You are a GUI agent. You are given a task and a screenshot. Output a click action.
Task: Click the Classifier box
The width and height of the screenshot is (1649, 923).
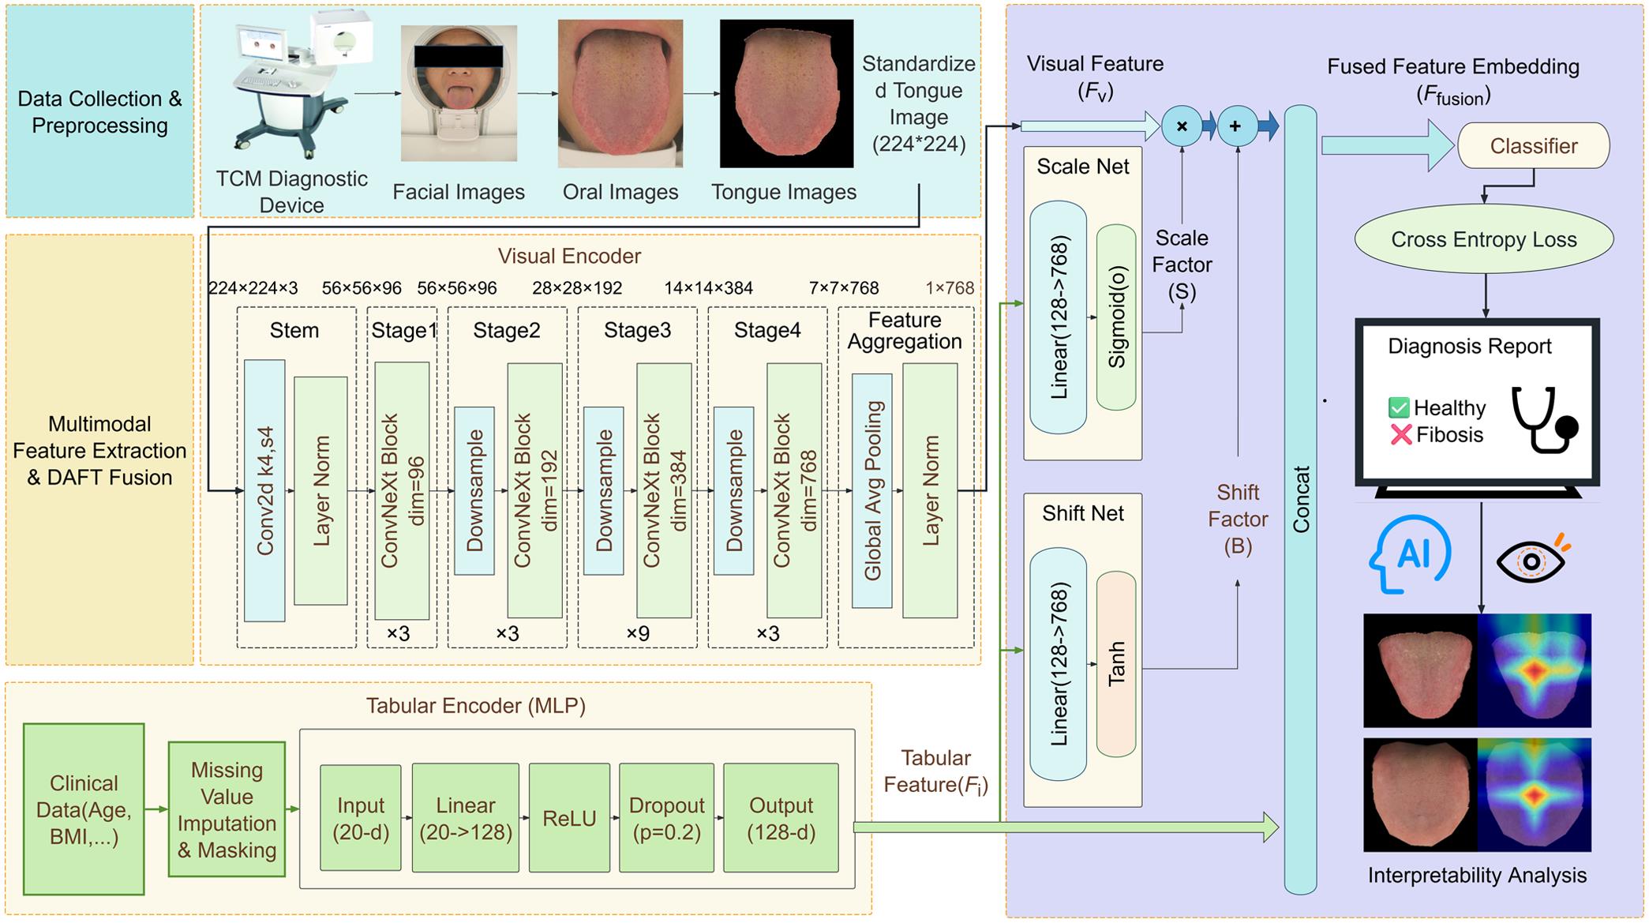1532,146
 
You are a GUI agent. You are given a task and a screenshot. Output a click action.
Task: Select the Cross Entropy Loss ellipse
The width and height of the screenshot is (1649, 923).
1483,239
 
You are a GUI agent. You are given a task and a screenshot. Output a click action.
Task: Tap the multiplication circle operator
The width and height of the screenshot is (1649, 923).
1182,126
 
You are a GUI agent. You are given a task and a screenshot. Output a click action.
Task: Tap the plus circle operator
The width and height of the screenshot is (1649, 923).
1236,126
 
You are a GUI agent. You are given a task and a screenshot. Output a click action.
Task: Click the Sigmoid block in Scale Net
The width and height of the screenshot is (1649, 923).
1116,317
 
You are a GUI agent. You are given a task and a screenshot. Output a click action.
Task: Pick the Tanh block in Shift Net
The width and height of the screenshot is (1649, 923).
1115,664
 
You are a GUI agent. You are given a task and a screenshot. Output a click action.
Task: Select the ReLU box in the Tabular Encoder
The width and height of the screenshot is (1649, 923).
569,818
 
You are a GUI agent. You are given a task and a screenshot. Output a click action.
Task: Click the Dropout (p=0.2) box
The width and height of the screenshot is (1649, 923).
666,818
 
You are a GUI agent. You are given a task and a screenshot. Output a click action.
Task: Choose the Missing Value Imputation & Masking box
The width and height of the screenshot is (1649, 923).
227,809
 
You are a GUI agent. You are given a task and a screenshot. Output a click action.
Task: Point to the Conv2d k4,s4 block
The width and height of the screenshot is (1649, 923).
264,490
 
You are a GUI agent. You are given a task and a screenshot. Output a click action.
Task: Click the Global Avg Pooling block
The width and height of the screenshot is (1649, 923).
872,490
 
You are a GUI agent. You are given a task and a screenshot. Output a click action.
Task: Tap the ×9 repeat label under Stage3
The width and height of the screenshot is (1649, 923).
637,633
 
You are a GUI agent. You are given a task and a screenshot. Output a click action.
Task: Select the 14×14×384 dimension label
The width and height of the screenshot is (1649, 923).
708,288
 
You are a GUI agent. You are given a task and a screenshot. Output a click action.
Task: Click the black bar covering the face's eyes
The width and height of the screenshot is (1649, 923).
459,56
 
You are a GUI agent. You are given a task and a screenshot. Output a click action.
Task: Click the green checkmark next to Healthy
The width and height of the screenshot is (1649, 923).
1399,407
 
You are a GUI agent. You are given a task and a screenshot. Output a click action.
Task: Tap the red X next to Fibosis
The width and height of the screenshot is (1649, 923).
1400,434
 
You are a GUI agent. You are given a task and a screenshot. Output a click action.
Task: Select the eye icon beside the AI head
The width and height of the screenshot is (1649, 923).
1531,560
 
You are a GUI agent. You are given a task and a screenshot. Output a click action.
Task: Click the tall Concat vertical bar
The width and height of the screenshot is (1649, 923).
1300,500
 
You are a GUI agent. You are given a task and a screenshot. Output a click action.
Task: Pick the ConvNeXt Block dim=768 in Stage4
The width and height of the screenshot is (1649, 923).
794,490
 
